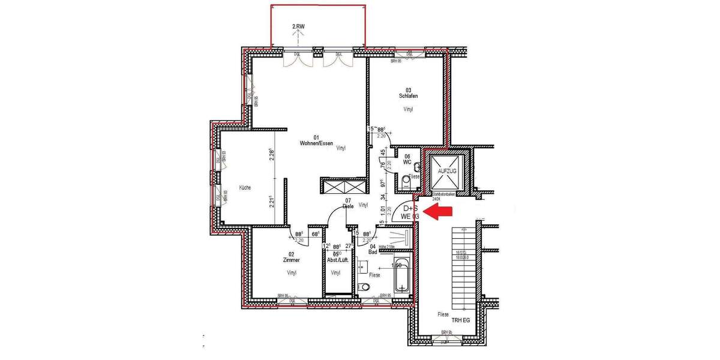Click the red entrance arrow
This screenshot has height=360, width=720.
point(438,211)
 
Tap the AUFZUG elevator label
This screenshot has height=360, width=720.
point(447,171)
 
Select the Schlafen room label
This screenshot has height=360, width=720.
point(408,96)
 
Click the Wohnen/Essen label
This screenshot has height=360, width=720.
point(316,144)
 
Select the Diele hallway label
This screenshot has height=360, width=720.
point(348,206)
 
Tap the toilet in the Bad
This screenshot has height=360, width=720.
point(363,287)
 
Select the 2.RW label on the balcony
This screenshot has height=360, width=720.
point(298,27)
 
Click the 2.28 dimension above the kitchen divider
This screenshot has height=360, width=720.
point(271,155)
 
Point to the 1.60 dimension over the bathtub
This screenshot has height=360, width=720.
point(396,265)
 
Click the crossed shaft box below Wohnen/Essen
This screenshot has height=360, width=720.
point(343,186)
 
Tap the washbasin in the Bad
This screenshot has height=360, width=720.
point(361,265)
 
